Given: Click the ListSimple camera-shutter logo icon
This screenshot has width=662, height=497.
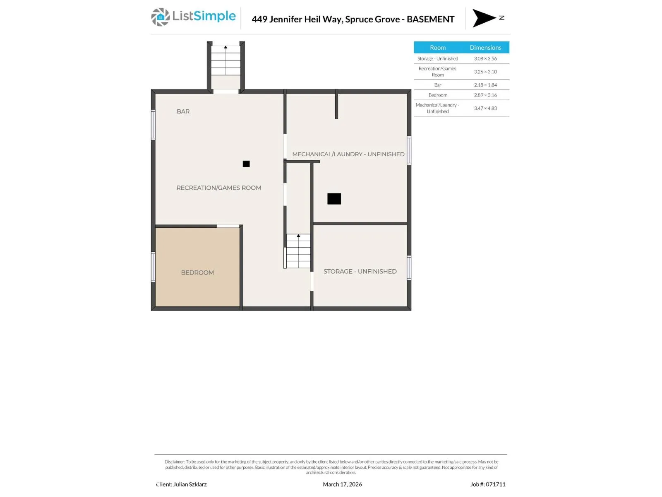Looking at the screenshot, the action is coord(160,17).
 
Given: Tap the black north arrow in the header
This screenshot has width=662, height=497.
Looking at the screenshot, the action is coord(483,18).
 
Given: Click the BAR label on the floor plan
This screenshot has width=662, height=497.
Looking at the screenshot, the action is coord(183,111).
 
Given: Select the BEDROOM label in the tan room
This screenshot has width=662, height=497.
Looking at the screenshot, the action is coord(197,273).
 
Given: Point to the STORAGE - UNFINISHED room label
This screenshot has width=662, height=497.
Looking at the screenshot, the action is coord(360,271).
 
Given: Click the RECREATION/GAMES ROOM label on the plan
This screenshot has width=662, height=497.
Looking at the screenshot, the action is coord(218,188).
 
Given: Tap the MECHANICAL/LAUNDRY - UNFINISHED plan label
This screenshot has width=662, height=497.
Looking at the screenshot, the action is coord(348,154).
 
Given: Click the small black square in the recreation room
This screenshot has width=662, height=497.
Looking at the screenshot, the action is coord(246,164).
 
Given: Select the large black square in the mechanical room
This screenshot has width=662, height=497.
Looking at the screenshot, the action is coord(334,199).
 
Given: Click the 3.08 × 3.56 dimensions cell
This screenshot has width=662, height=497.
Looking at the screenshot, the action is coord(485,58).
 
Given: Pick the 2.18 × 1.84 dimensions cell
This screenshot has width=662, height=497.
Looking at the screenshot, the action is coord(485,85).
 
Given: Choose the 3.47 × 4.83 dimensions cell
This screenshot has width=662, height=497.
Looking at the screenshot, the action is coord(485,108).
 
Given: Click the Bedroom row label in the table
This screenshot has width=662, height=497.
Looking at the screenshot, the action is coord(438,95).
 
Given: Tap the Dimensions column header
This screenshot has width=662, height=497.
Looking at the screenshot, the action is coord(485,47).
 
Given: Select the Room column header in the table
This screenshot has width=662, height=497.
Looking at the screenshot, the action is coord(438,47).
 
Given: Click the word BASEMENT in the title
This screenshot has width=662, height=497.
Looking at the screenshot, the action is coord(430,19).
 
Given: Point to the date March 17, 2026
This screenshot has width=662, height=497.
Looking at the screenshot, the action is coord(342,484).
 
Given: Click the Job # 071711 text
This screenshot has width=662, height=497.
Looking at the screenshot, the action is coord(488,484).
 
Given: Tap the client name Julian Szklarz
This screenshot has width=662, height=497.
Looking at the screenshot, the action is coord(189,484).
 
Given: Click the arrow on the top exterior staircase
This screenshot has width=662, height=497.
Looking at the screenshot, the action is coord(225,47).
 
